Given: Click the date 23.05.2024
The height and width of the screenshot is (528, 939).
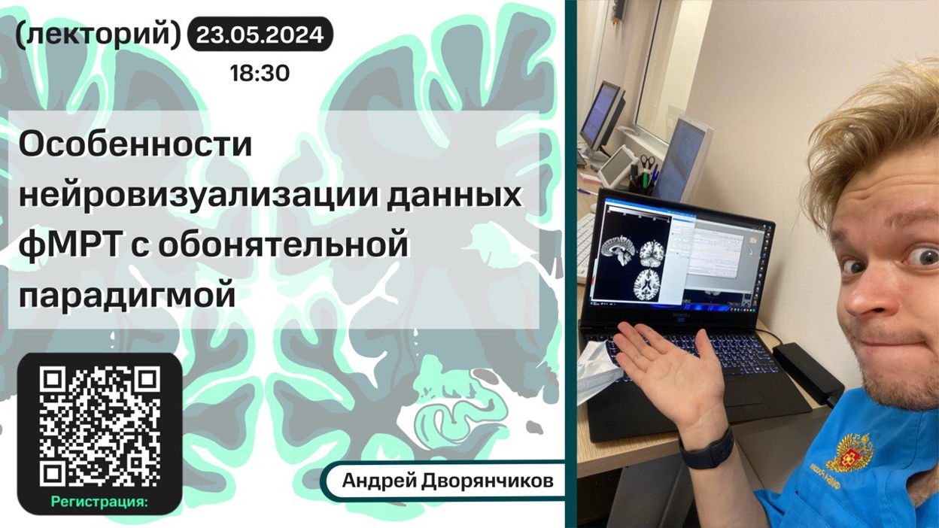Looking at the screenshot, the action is (x=260, y=35).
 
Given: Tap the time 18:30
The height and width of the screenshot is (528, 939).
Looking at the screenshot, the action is (x=260, y=74).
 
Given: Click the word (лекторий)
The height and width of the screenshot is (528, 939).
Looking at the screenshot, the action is (x=98, y=35).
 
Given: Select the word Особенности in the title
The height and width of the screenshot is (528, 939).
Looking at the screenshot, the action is (x=135, y=144).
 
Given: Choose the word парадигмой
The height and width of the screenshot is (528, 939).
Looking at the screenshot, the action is (x=126, y=296).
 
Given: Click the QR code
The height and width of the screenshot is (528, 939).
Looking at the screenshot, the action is (x=100, y=427).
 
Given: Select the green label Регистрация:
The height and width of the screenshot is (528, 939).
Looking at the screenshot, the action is (x=100, y=502).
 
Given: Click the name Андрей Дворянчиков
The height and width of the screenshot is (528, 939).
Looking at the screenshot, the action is (x=448, y=481).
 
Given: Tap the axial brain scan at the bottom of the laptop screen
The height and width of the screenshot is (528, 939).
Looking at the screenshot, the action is (x=648, y=285).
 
